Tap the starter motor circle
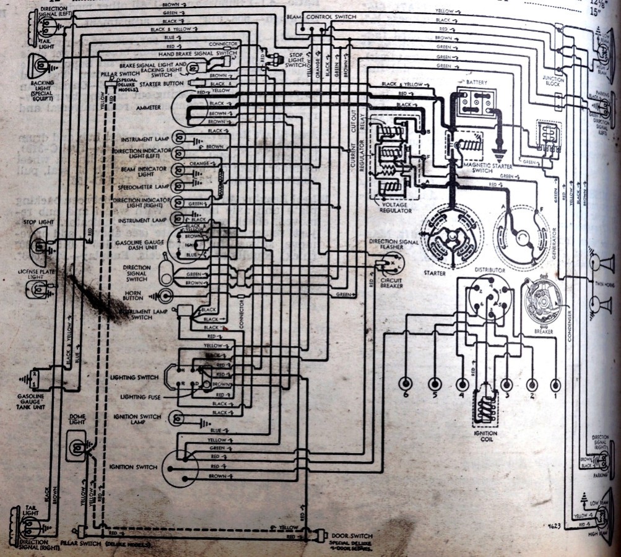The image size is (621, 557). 451,236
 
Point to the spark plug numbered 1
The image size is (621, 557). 555,384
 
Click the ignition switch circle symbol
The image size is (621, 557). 180,467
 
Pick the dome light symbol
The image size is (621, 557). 77,449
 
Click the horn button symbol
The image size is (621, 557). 165,296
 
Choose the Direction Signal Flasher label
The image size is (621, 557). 394,244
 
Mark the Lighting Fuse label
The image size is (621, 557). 142,397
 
